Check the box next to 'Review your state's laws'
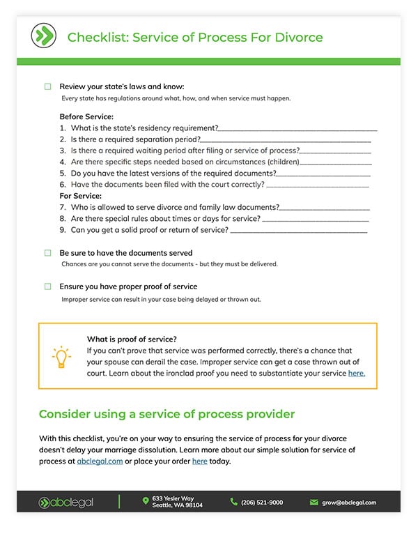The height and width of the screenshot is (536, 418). coord(48,86)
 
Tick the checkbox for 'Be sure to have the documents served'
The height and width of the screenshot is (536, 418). coord(48,253)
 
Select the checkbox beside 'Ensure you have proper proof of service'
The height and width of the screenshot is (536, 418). coord(48,286)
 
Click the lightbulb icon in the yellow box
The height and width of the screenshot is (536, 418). coord(61,356)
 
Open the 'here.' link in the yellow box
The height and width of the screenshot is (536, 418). coord(356,374)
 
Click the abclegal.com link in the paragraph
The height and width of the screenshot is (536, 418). coord(100,461)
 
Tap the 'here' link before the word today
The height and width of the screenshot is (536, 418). coord(200,461)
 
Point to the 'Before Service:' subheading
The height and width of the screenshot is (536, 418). coord(86,116)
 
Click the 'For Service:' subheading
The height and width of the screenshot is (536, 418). coord(81,196)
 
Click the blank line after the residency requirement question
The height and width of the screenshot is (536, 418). coord(297,130)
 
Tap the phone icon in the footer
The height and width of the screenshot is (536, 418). coord(233,502)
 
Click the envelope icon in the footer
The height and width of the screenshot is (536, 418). coord(314,502)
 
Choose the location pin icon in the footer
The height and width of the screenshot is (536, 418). coord(146,500)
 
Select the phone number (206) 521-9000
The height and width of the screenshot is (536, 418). coord(262,502)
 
